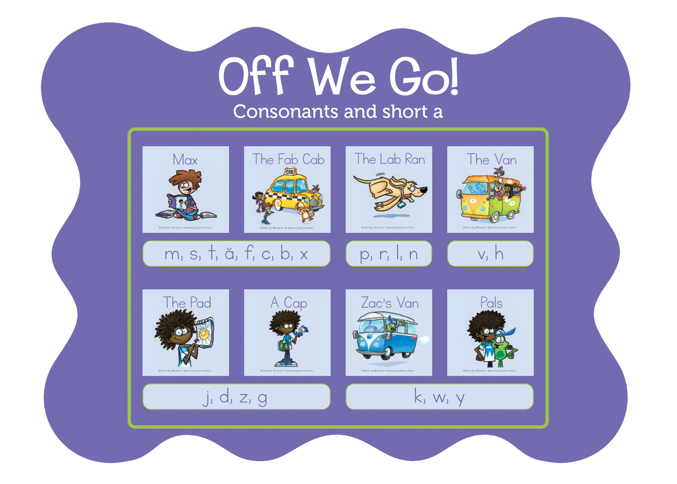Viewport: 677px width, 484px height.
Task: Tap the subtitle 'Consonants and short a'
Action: tap(338, 112)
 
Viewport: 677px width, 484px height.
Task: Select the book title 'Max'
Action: tap(185, 160)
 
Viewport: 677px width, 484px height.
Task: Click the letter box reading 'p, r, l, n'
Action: tap(389, 254)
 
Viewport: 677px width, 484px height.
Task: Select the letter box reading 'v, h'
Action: tap(490, 254)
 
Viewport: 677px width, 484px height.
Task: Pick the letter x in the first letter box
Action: tap(304, 255)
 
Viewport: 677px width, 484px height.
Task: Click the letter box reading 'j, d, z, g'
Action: tap(236, 397)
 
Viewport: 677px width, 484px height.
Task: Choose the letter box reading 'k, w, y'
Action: tap(439, 397)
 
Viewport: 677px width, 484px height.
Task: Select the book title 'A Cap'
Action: tap(288, 303)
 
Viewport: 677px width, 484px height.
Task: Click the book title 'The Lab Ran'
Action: tap(389, 159)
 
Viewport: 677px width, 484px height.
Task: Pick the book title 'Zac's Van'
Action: tap(389, 303)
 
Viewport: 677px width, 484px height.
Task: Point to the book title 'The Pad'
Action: tap(187, 303)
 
